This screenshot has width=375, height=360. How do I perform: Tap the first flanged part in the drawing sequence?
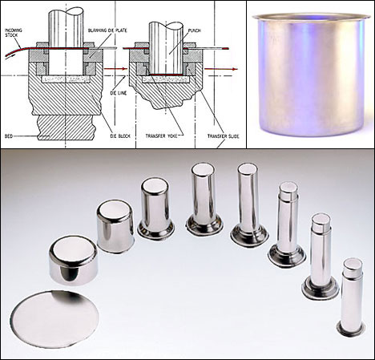pyautogui.click(x=155, y=208)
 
